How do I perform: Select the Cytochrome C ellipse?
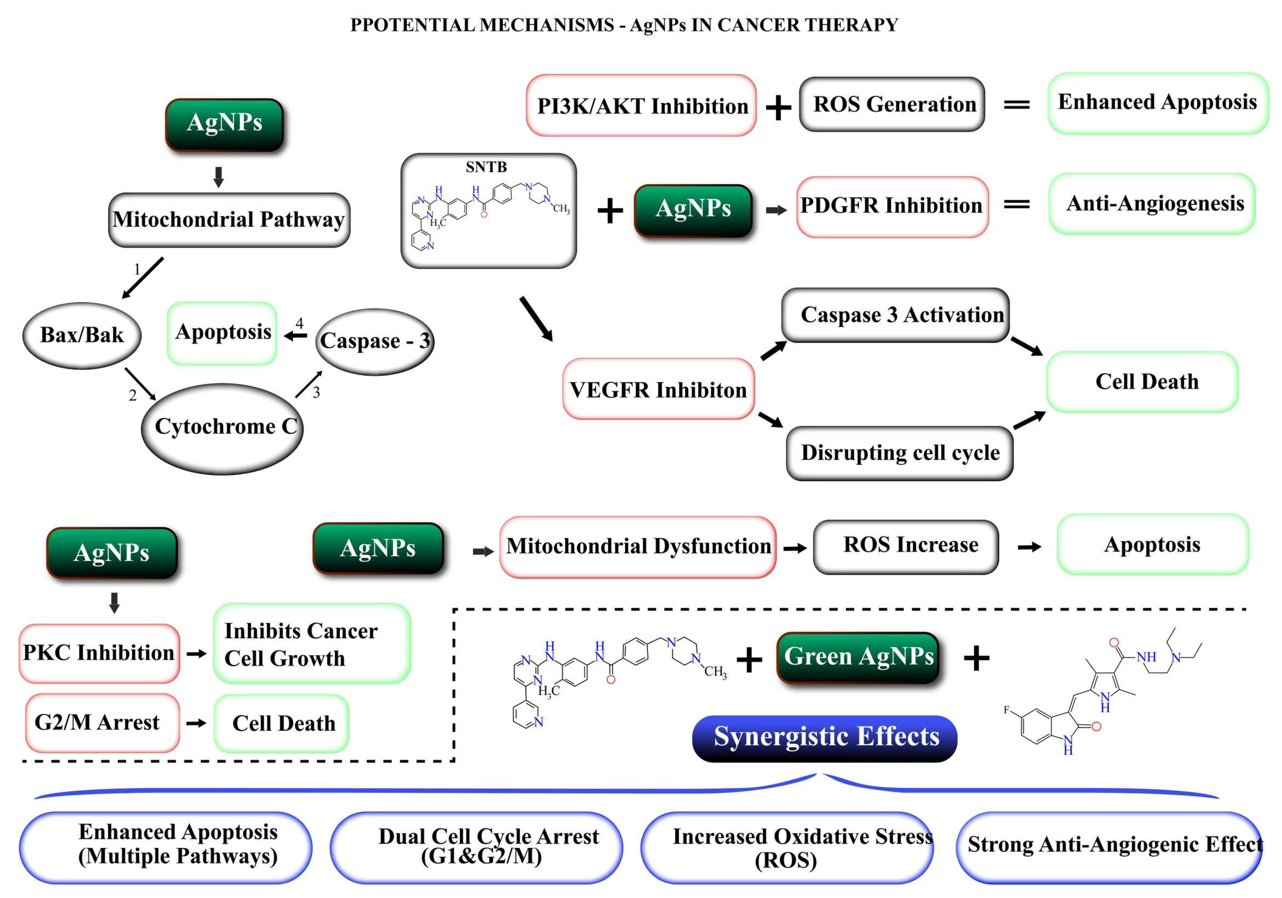(x=222, y=428)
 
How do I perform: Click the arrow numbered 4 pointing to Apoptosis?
(x=295, y=335)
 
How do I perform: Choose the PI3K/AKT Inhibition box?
(x=641, y=106)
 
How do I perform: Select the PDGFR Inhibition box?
(x=892, y=206)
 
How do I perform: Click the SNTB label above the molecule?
(x=486, y=167)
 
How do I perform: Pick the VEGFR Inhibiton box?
(x=658, y=389)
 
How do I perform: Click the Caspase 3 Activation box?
(x=895, y=315)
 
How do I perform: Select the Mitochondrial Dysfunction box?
(x=638, y=546)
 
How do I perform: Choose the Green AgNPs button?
(x=858, y=657)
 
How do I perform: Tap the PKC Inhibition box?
(x=99, y=653)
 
